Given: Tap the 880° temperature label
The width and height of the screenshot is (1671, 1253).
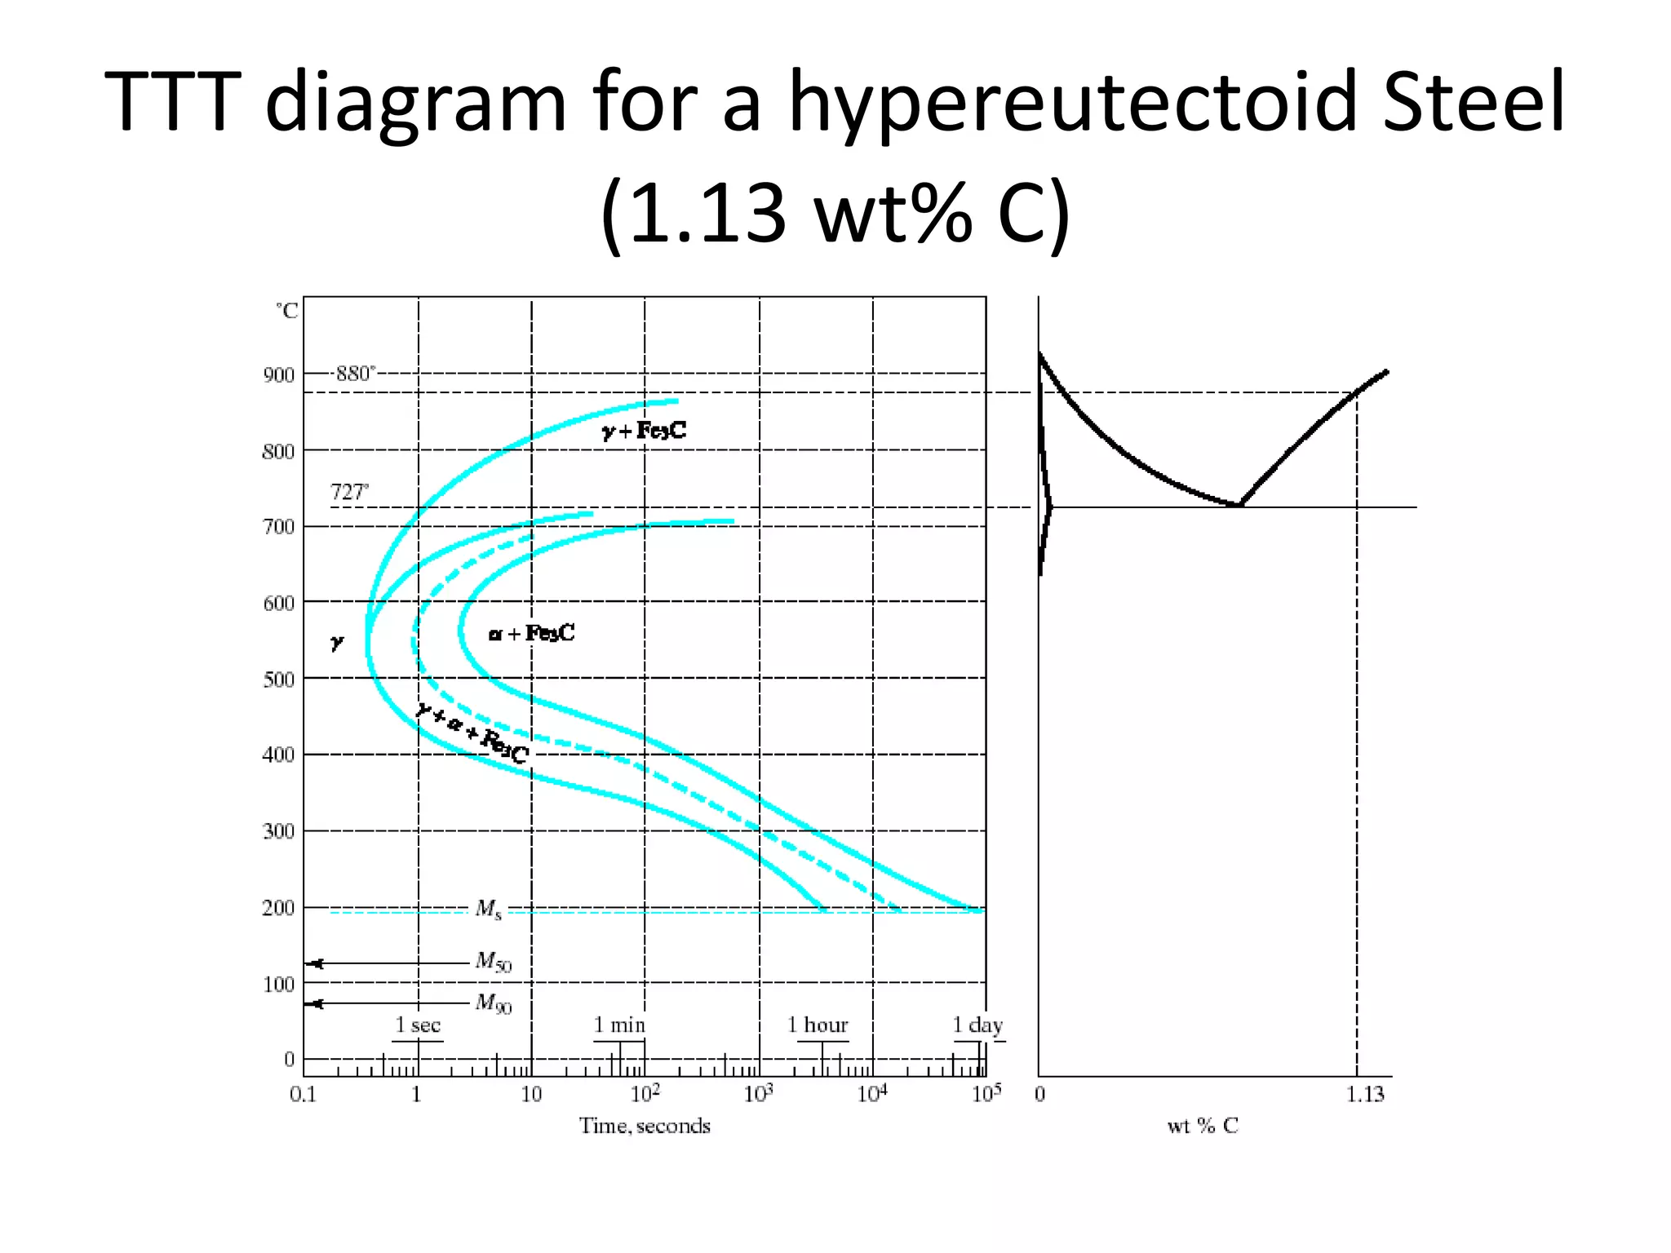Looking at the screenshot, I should point(355,374).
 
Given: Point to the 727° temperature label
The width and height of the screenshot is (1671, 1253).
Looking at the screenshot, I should point(348,493).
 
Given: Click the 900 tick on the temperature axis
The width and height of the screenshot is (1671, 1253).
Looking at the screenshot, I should point(278,375).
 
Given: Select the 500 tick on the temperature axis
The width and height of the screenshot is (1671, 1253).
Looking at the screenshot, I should point(278,680).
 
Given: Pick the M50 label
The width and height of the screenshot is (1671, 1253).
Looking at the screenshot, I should point(494,963).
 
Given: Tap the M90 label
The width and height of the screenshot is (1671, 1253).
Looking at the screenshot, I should point(494,1003).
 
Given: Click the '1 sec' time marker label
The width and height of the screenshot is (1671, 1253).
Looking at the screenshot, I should point(418,1025).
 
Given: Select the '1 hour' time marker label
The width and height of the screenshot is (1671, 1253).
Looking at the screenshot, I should point(818,1025).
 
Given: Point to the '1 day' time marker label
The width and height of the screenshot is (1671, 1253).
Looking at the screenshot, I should point(977,1025).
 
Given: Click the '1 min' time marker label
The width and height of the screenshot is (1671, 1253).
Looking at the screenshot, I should point(619,1025).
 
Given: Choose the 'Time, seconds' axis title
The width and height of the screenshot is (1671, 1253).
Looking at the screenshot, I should point(645,1127).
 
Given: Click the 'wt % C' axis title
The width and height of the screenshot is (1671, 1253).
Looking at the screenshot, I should point(1203,1127).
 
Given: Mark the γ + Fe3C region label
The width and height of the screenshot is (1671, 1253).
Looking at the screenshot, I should point(645,431).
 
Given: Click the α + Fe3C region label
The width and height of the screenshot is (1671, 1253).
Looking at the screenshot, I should point(532,633).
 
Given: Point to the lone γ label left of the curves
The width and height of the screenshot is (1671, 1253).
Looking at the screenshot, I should point(336,643).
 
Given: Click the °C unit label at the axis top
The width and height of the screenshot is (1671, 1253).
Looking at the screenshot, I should point(287,311).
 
